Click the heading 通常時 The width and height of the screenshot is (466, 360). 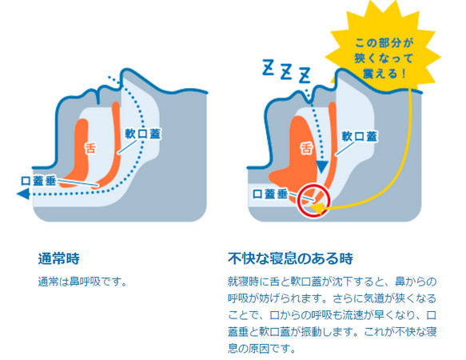[x=59, y=258]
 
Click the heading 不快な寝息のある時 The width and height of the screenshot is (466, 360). [x=290, y=258]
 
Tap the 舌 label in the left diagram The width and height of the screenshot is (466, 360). [x=90, y=148]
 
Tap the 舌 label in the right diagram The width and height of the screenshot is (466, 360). [x=306, y=148]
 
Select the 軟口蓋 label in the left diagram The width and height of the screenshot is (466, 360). [x=142, y=134]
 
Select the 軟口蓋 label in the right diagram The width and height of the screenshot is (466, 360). [x=360, y=136]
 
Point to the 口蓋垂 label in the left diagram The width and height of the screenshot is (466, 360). [x=38, y=181]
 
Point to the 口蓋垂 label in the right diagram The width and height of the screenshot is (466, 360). [x=270, y=194]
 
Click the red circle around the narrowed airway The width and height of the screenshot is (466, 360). [x=313, y=185]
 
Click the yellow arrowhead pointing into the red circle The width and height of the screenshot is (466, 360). [x=317, y=208]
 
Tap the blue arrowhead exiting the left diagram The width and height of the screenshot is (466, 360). [x=23, y=194]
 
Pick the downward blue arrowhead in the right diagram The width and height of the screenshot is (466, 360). [x=322, y=167]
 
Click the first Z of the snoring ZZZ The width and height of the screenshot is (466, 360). [x=268, y=67]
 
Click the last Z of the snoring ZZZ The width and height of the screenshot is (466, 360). [x=305, y=75]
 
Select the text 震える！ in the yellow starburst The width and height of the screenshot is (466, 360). [x=384, y=73]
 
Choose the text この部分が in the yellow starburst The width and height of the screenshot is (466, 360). [x=384, y=43]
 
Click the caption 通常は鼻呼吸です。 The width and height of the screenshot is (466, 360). [x=82, y=282]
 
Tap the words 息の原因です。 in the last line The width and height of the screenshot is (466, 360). [x=262, y=348]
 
